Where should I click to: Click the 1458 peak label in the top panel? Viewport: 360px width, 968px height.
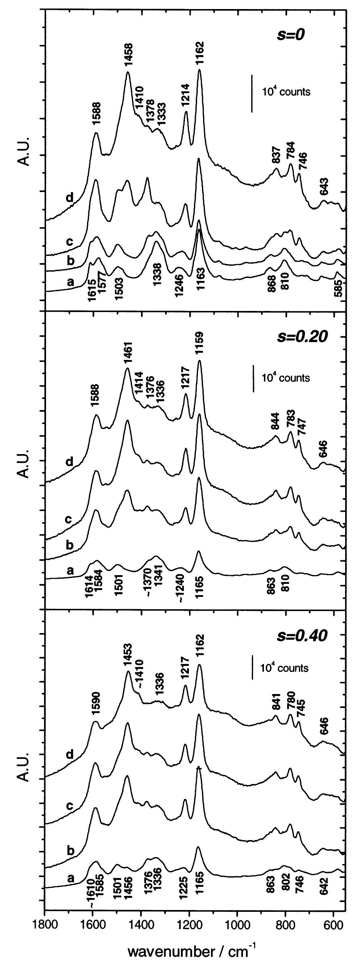[128, 55]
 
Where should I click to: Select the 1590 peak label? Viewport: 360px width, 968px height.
[95, 693]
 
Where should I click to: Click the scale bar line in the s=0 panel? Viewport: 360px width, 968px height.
[251, 93]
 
